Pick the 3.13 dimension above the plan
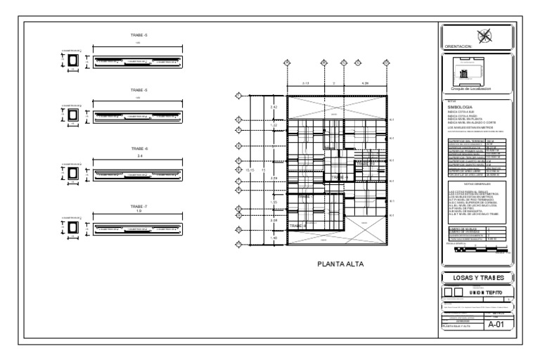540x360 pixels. (305, 84)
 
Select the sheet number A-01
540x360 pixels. (496, 324)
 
